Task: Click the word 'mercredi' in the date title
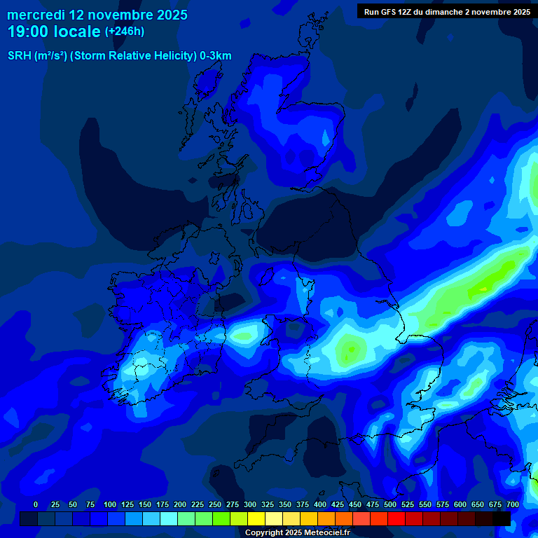pyautogui.click(x=35, y=15)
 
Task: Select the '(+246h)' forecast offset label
pyautogui.click(x=125, y=32)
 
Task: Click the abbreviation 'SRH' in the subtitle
pyautogui.click(x=20, y=56)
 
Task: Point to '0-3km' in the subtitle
pyautogui.click(x=216, y=56)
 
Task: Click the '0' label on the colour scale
pyautogui.click(x=36, y=504)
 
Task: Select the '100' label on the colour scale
pyautogui.click(x=110, y=504)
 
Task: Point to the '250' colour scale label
pyautogui.click(x=215, y=504)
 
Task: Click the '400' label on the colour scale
pyautogui.click(x=320, y=504)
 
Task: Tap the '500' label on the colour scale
pyautogui.click(x=390, y=504)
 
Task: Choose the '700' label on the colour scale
pyautogui.click(x=513, y=504)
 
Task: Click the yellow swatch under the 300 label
pyautogui.click(x=256, y=518)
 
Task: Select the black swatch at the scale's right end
pyautogui.click(x=502, y=518)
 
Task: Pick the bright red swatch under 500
pyautogui.click(x=396, y=518)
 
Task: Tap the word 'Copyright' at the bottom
pyautogui.click(x=264, y=533)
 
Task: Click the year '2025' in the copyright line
pyautogui.click(x=296, y=533)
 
